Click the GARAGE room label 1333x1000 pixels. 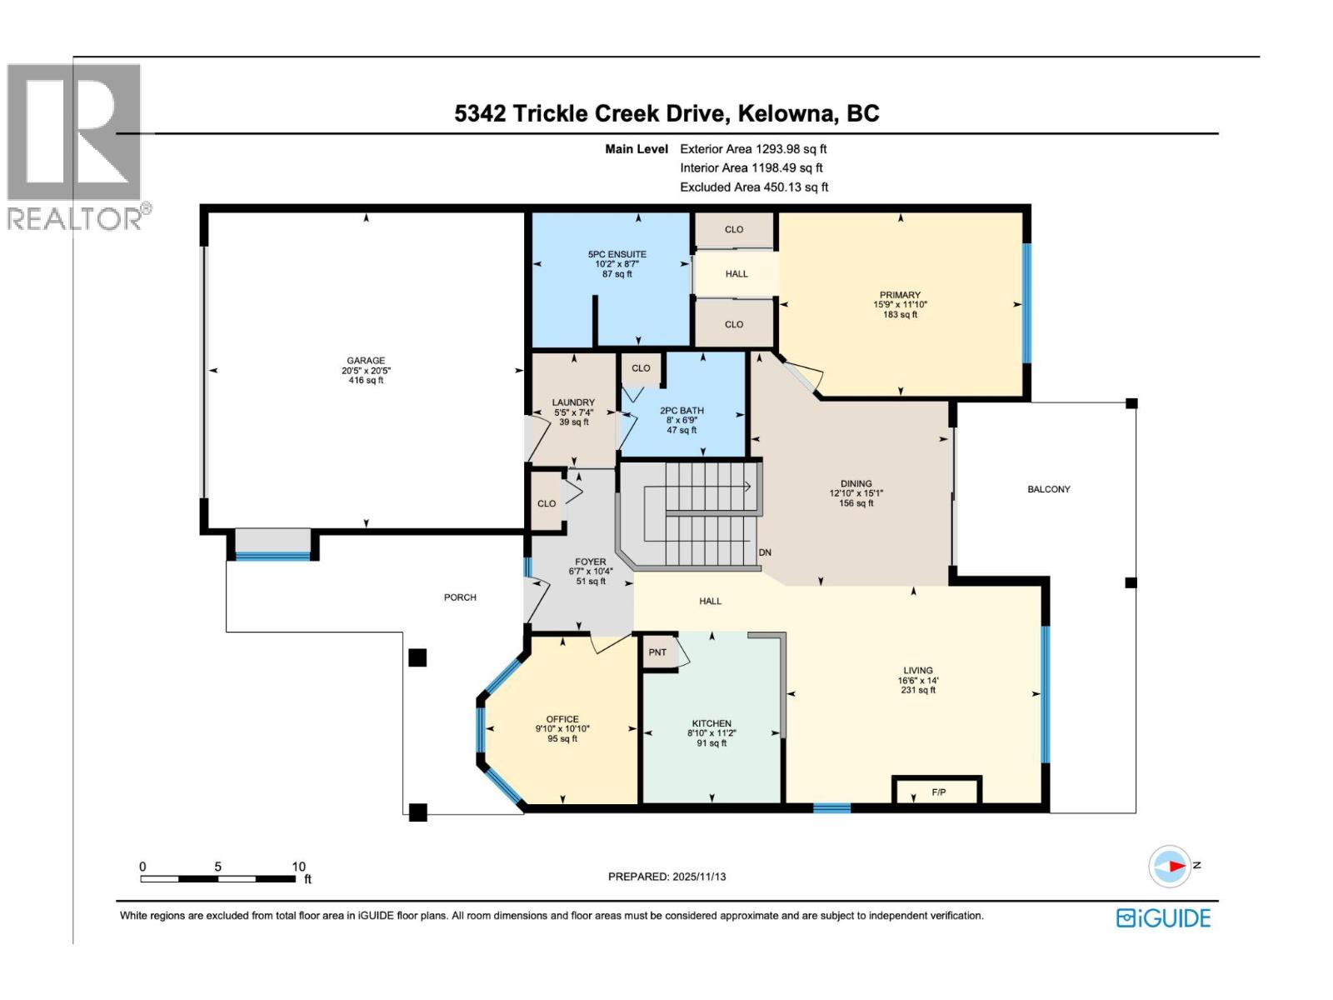[366, 361]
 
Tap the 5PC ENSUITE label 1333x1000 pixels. [617, 254]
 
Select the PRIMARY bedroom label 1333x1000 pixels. [900, 295]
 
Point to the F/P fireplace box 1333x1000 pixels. [938, 792]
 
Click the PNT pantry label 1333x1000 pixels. [657, 652]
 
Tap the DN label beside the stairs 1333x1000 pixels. [764, 552]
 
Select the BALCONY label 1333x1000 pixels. [1048, 489]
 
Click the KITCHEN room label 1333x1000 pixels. [711, 723]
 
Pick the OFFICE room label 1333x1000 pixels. [562, 719]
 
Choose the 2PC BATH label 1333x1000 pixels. [681, 411]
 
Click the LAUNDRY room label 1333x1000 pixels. [573, 402]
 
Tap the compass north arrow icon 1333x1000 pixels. [1170, 867]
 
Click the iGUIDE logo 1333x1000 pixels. [1163, 918]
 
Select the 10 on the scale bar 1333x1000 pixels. [298, 867]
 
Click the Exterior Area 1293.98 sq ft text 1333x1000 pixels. [752, 149]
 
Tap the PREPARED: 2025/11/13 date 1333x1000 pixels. [666, 877]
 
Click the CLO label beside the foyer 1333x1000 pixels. [547, 503]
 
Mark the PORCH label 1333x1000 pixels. [460, 597]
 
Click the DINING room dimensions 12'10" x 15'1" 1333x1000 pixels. [856, 493]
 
